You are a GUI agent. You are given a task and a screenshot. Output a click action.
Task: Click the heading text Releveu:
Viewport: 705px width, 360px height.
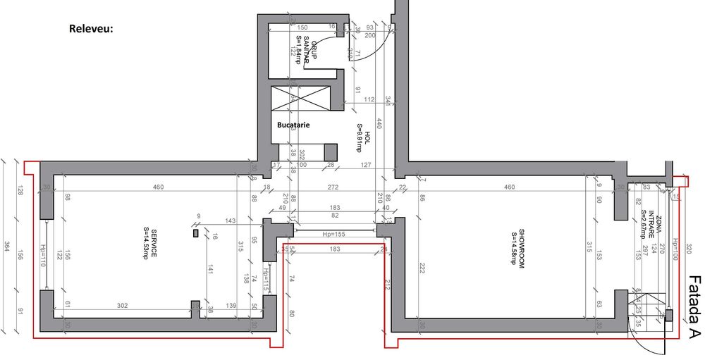pos(91,30)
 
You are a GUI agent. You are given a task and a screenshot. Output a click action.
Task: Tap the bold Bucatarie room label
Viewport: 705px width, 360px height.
pos(293,125)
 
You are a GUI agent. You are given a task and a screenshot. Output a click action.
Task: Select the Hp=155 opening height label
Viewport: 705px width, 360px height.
pos(333,233)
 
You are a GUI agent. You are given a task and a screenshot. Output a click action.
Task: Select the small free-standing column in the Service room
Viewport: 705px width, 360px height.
pos(195,232)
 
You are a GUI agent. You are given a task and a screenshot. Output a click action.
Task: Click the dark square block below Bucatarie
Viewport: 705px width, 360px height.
pos(330,151)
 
